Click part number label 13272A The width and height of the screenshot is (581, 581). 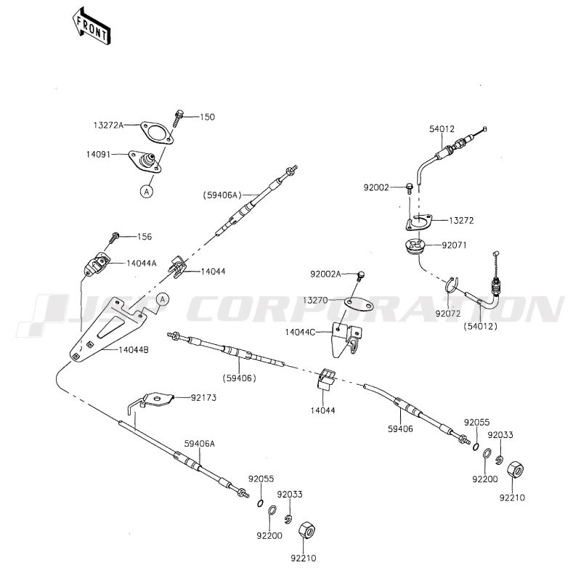108,125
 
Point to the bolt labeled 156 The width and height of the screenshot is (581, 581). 115,236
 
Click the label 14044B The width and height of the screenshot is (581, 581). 133,350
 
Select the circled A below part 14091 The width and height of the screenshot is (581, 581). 146,192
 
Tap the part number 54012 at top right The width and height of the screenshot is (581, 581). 442,129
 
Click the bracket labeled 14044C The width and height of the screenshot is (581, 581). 346,338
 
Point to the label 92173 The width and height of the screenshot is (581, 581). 204,398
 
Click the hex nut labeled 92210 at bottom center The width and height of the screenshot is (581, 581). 308,529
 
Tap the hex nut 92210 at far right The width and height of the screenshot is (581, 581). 515,470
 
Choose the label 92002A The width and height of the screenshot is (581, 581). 325,274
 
